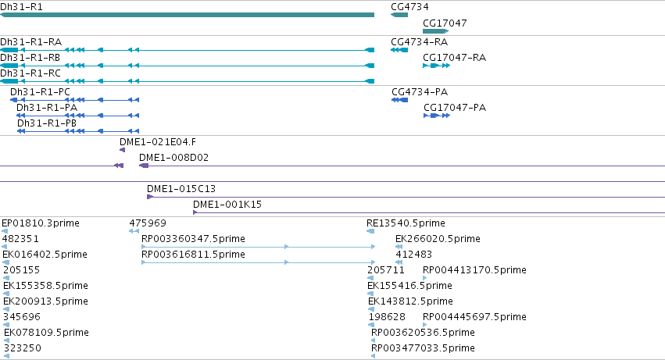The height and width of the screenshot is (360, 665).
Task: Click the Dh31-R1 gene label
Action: pos(21,7)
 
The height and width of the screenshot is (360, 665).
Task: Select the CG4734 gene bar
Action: pos(399,15)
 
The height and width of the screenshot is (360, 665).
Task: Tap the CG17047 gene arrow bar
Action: pos(435,31)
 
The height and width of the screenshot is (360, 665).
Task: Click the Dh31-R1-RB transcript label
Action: pos(30,58)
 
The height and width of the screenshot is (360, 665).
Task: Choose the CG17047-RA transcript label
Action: pos(454,58)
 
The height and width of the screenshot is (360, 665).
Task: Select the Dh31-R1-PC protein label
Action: pos(41,92)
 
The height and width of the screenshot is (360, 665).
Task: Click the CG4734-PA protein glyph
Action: pos(399,100)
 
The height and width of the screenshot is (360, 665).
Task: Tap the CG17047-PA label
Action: pos(455,108)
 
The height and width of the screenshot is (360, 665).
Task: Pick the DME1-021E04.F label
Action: pos(158,142)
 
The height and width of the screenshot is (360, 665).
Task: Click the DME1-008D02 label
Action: pos(174,158)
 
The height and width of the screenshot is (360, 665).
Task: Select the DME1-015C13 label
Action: pos(181,189)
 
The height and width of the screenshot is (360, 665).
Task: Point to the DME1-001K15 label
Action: pos(227,205)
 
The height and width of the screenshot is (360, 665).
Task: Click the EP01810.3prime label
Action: pos(41,223)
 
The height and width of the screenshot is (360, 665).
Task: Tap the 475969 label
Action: pos(148,223)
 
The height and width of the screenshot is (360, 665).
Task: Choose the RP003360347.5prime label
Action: pos(193,239)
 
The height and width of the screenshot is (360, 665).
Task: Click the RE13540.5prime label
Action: pos(406,223)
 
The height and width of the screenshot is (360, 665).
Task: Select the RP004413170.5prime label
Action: pos(474,270)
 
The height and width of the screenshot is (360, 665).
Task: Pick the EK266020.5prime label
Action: pos(438,239)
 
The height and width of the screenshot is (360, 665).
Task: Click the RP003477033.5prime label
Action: pos(423,348)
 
